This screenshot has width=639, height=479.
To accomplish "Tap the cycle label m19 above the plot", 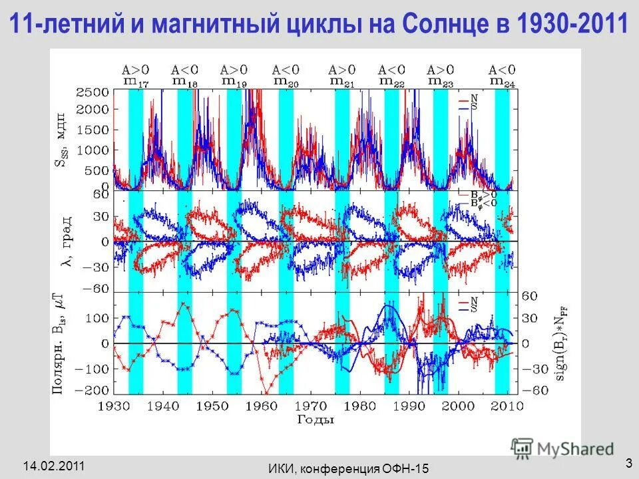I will pyautogui.click(x=234, y=81).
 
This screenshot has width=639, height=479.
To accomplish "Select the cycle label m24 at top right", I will pyautogui.click(x=502, y=81).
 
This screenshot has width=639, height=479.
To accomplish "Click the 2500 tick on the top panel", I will pyautogui.click(x=93, y=92).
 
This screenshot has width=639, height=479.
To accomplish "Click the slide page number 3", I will pyautogui.click(x=628, y=462).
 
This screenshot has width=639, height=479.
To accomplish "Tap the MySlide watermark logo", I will pyautogui.click(x=562, y=447).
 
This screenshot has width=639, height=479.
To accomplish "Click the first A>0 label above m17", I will pyautogui.click(x=136, y=69).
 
